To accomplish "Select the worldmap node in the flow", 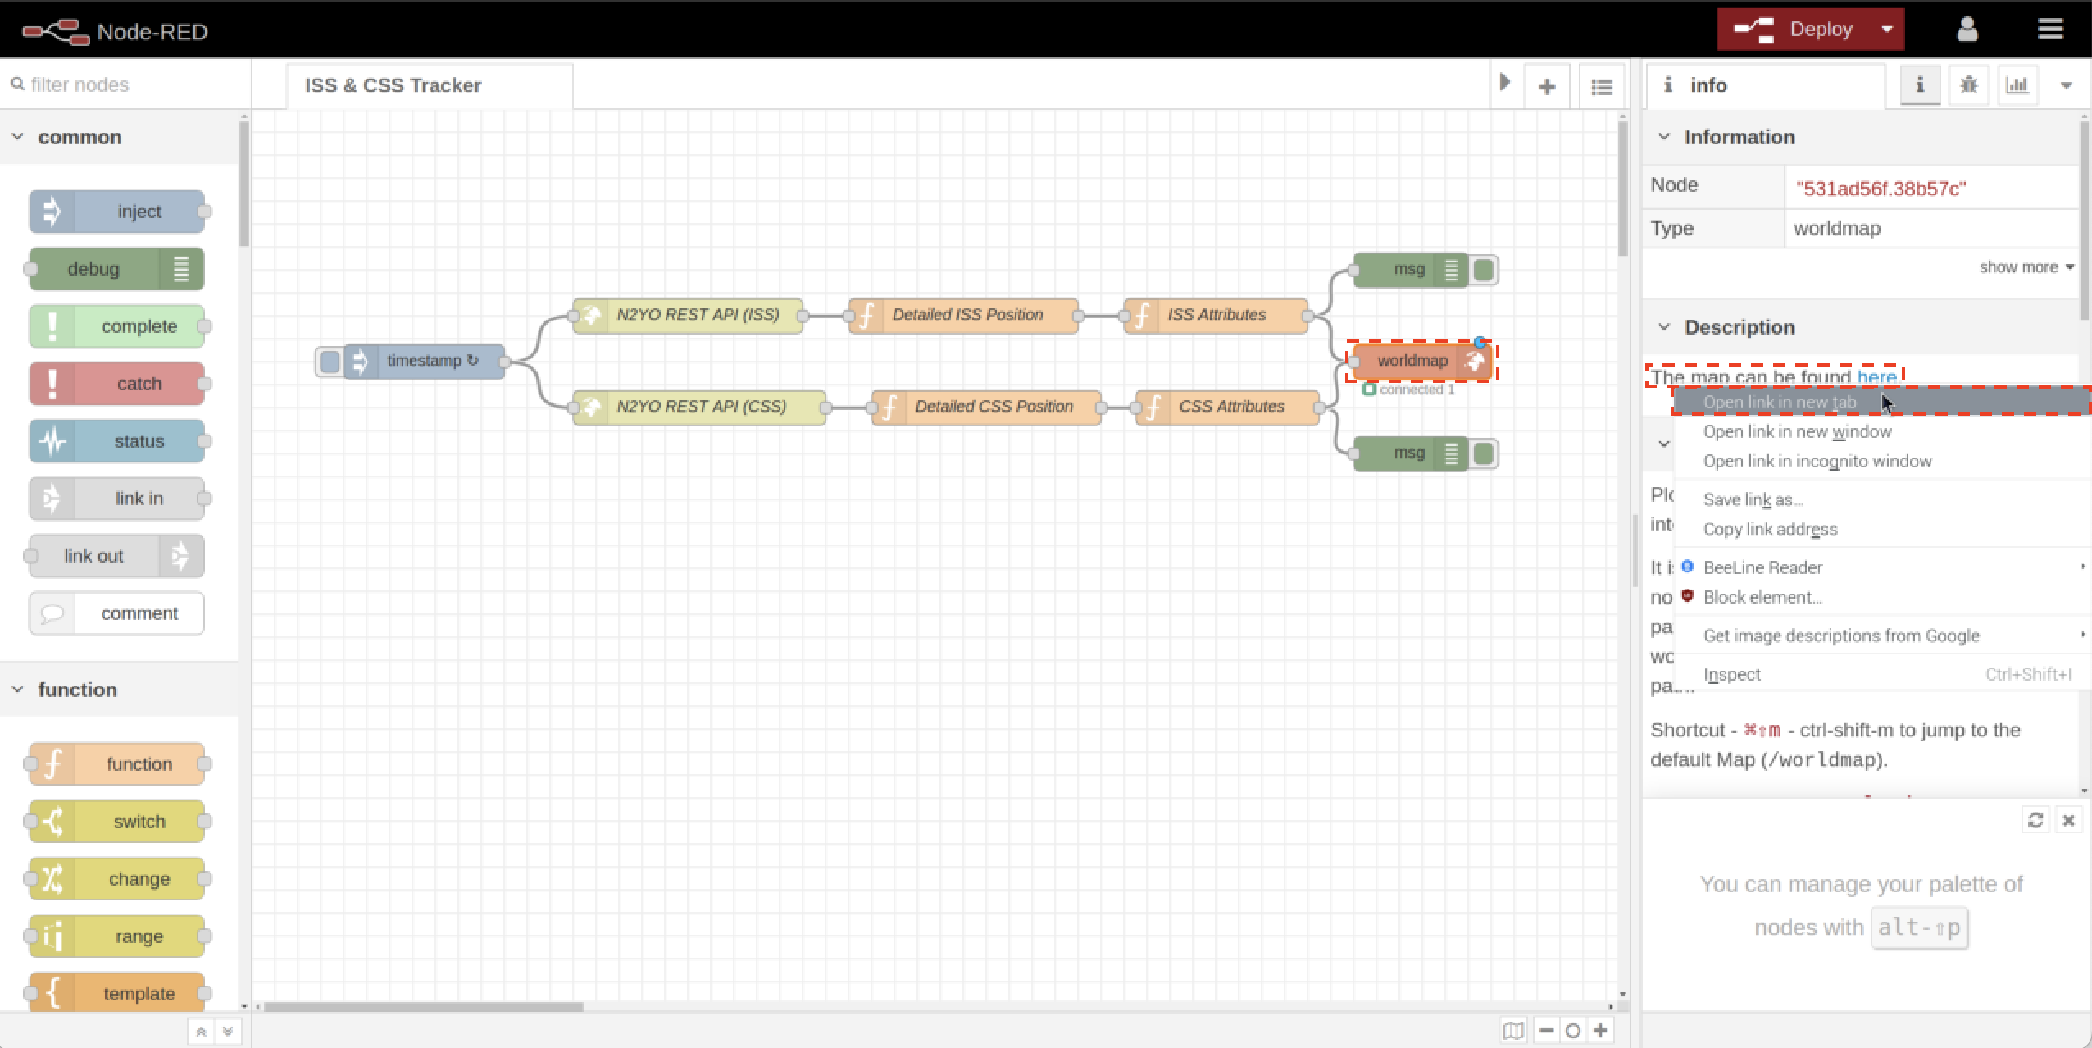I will pos(1412,361).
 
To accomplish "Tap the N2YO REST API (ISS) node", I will pos(697,315).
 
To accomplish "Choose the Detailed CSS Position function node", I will pos(993,407).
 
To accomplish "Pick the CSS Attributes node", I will pos(1230,407).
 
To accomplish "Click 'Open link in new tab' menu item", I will pos(1779,403).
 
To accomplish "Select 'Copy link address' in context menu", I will pos(1770,530).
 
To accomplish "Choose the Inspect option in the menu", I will pos(1731,675).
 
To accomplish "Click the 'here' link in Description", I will pos(1876,377).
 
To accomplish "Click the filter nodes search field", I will pos(123,84).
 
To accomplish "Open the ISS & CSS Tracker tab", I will pos(393,85).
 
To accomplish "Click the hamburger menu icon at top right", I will pos(2050,30).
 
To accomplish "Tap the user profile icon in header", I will pos(1967,30).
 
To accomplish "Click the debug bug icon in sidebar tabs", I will pos(1968,85).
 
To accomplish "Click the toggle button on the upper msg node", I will pos(1484,270).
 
